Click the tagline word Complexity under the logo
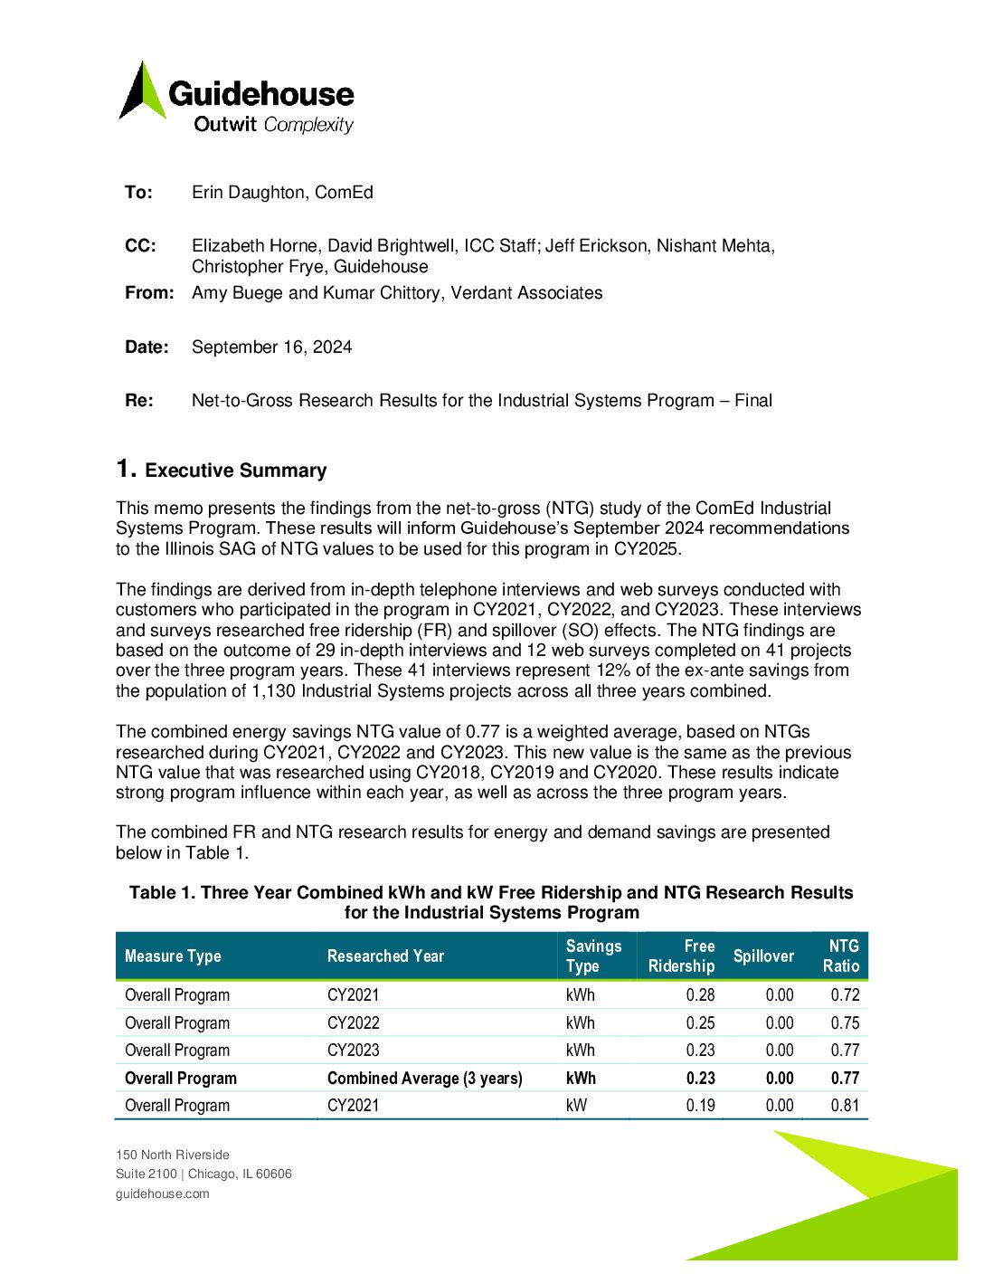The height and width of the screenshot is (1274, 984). click(308, 125)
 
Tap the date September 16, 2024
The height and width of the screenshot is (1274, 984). click(271, 347)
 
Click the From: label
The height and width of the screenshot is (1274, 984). click(149, 293)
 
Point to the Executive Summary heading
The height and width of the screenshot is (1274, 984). click(235, 471)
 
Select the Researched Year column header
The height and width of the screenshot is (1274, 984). click(385, 956)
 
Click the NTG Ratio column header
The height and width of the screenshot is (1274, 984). click(841, 956)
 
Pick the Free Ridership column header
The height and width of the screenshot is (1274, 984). click(682, 956)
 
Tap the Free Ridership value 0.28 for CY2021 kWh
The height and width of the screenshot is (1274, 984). click(700, 995)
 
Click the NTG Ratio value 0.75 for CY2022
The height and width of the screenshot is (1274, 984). click(845, 1023)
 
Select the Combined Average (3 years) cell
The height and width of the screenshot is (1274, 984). click(424, 1079)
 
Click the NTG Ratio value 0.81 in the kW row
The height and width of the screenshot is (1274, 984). click(845, 1106)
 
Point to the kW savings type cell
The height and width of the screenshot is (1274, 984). click(576, 1106)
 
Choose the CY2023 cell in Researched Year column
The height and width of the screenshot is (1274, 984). click(353, 1051)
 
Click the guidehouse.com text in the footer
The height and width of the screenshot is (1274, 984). click(162, 1193)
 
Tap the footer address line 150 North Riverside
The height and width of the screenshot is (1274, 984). click(172, 1155)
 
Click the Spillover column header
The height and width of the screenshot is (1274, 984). click(763, 956)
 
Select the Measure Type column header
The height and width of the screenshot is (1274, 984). click(173, 956)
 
